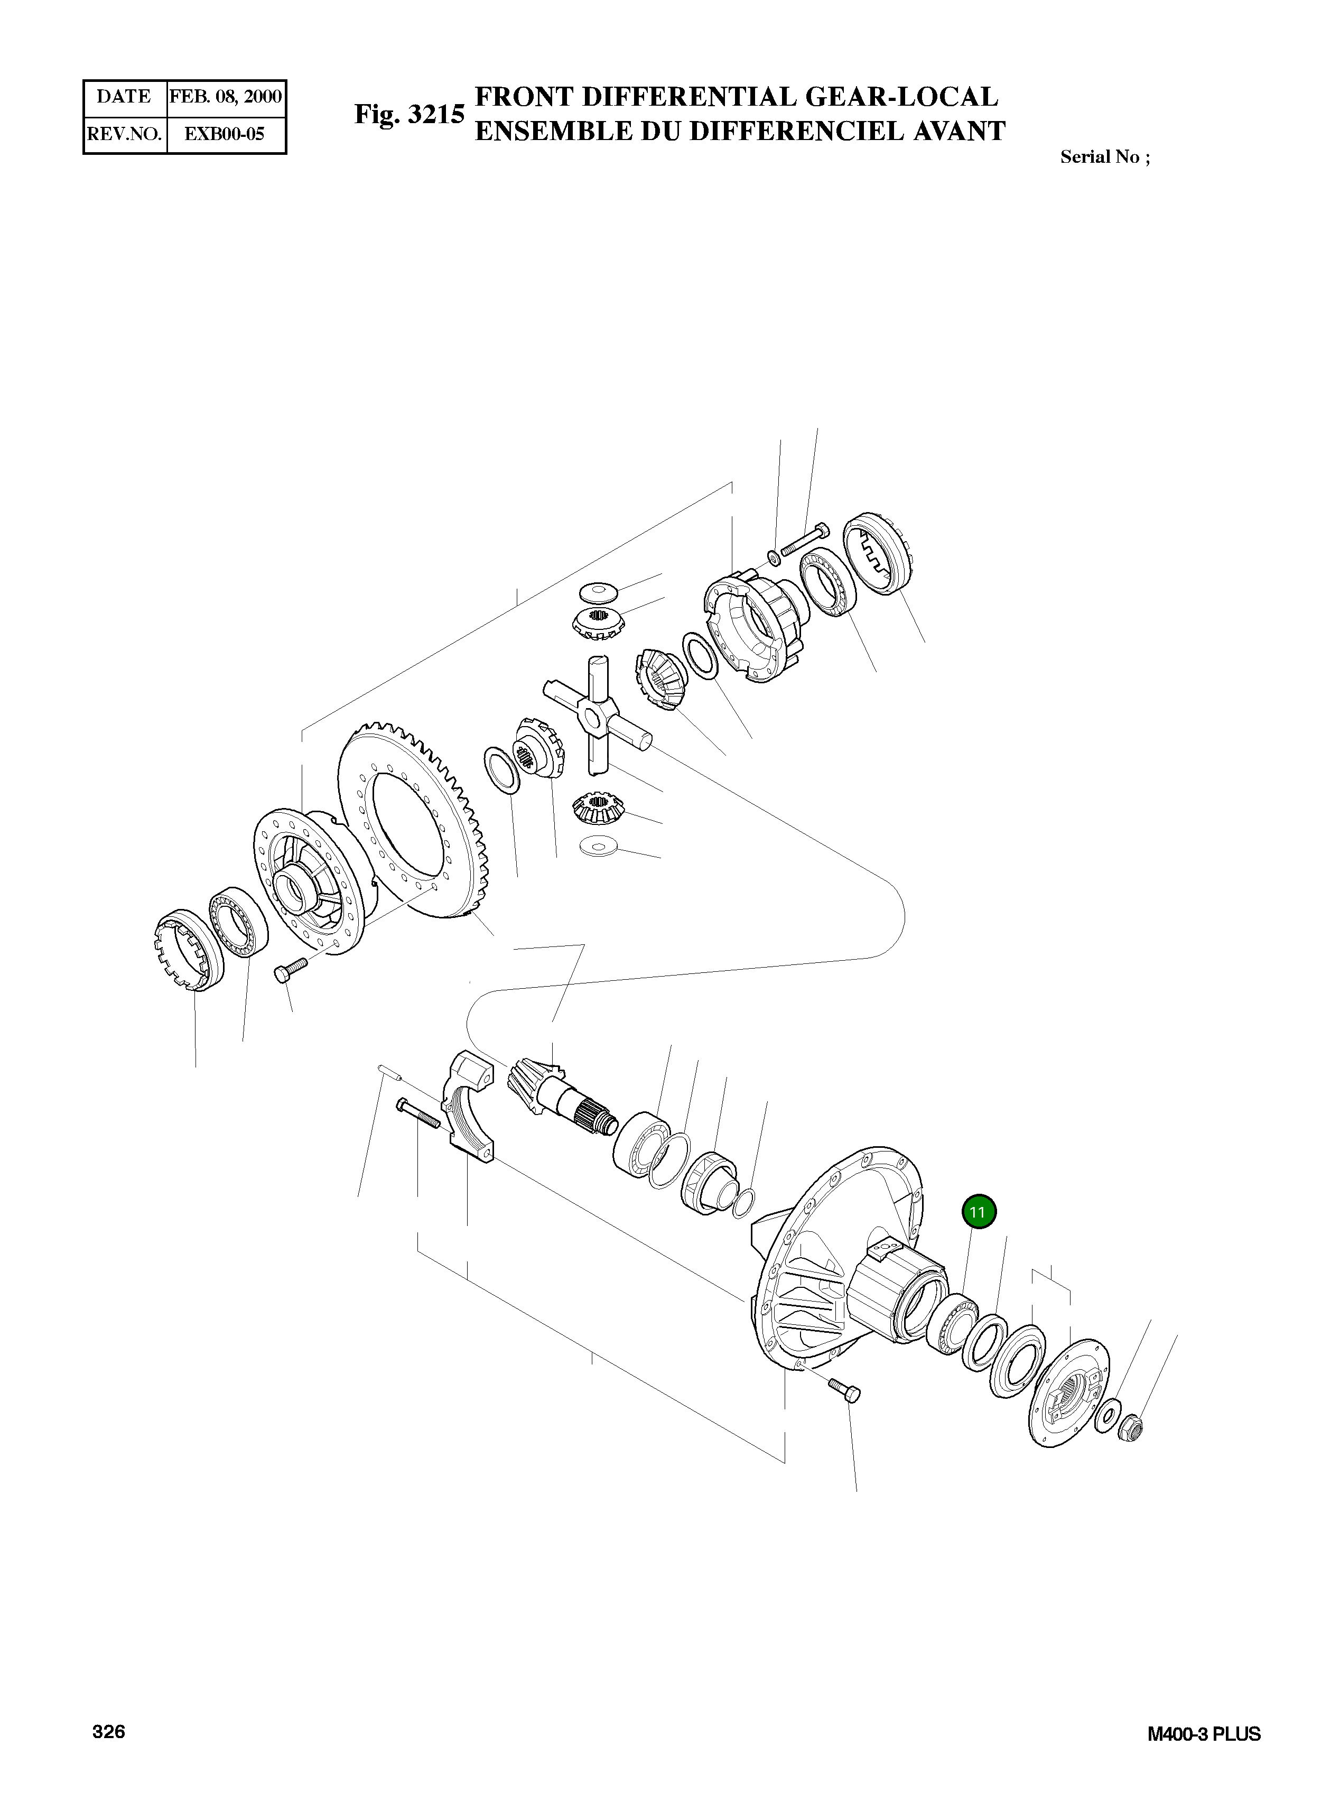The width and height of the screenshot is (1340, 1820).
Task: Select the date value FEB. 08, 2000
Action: coord(226,97)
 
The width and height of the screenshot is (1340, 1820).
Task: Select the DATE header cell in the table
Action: coord(124,97)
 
